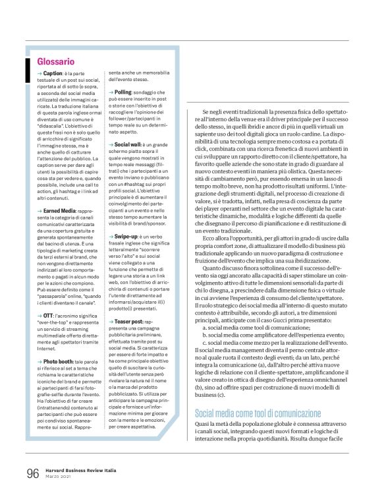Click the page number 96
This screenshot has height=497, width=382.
click(x=32, y=474)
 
